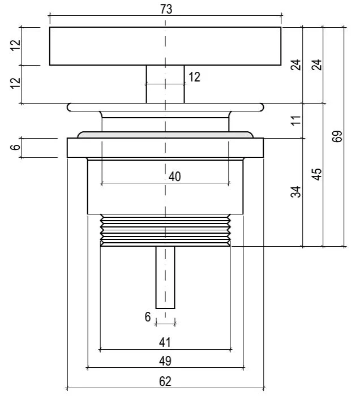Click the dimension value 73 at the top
tap(166, 9)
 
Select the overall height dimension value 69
tap(338, 137)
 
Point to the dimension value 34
tap(295, 192)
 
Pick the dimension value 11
tap(295, 120)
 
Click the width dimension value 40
tap(175, 177)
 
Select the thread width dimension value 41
tap(165, 342)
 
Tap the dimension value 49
tap(165, 361)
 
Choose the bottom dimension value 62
tap(165, 381)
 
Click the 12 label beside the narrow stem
tap(194, 77)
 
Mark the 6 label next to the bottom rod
tap(148, 317)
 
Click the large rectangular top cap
tap(113, 46)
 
